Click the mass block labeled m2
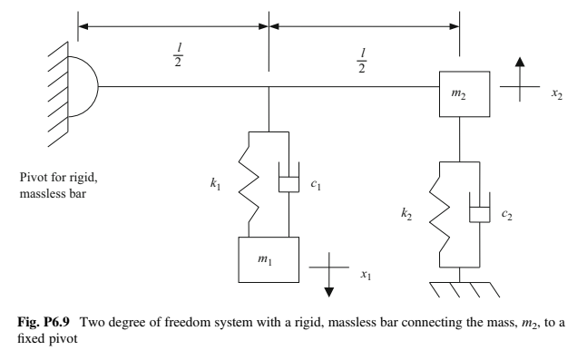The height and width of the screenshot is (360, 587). point(465,93)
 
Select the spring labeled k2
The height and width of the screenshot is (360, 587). point(441,212)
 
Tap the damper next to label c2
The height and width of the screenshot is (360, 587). point(481,213)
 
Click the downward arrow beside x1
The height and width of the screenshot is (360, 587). point(330,281)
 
